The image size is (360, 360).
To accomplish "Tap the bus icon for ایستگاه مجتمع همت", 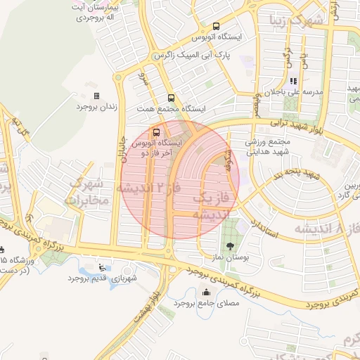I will point(169,98).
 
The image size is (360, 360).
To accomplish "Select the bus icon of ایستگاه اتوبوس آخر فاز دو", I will point(155,131).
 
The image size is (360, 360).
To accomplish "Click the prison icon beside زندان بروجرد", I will point(96,96).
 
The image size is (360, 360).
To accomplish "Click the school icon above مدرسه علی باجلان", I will point(292,81).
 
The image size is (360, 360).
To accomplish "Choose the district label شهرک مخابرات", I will point(84,193).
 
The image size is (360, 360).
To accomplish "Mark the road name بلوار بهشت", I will point(150,298).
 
